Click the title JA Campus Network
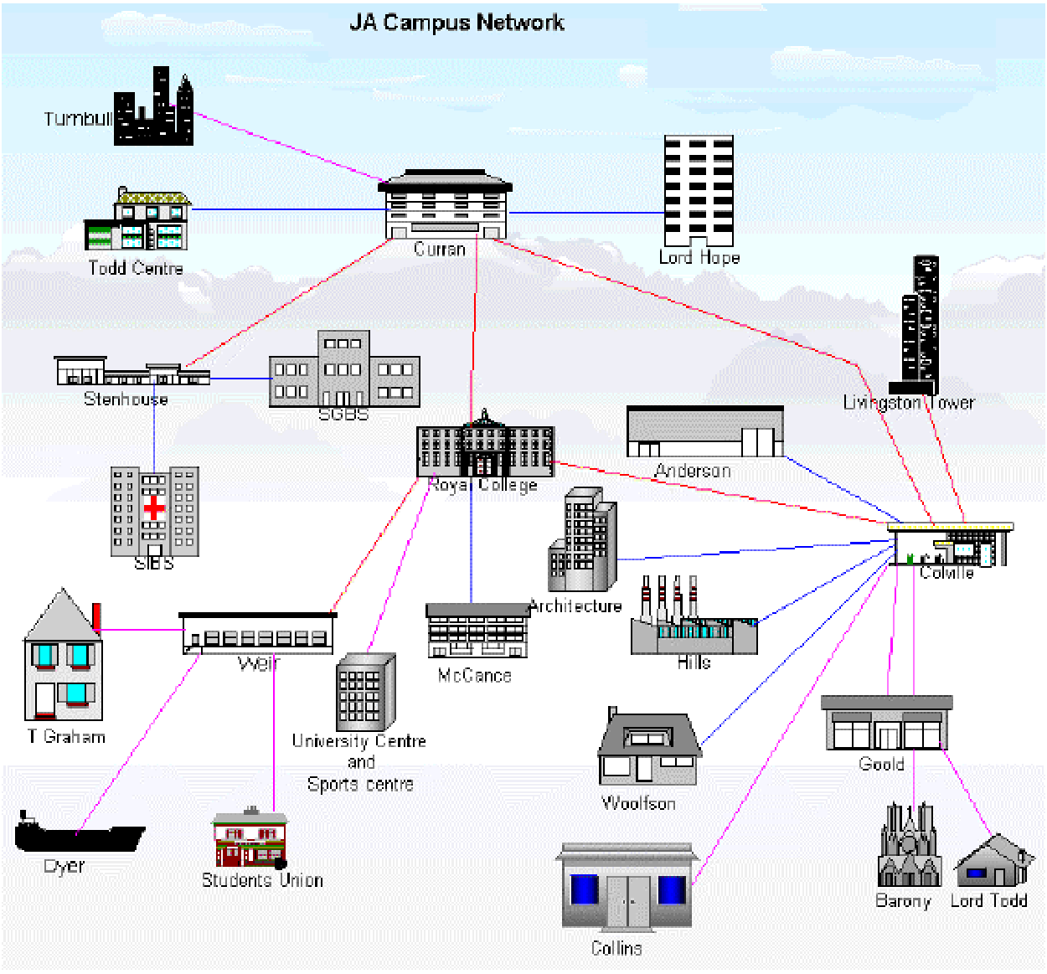coord(456,23)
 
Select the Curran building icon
coord(445,205)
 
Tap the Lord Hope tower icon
coord(699,190)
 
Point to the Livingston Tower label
coord(909,403)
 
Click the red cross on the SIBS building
coord(154,508)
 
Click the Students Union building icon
coord(250,839)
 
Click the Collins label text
coord(616,948)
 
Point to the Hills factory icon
coord(694,620)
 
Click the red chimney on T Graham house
coord(97,616)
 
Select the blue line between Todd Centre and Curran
coord(285,209)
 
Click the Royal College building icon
coord(485,446)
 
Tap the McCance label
coord(474,675)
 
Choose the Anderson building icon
coord(704,432)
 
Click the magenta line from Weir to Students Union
coord(274,737)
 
